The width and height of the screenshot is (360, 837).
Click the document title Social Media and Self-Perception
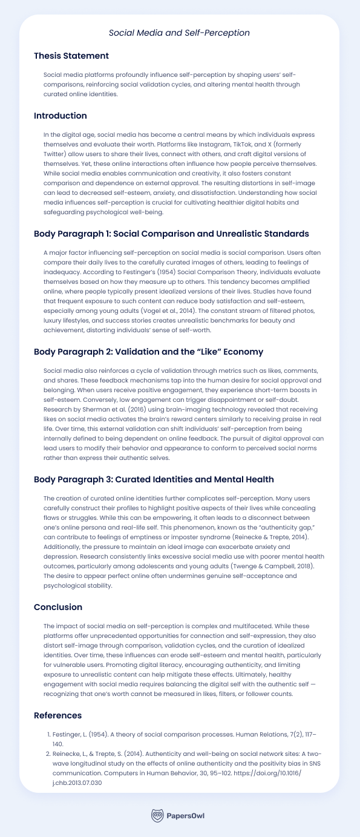(179, 33)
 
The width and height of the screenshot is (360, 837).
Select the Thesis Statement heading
(71, 56)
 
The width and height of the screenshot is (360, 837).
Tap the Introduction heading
(61, 116)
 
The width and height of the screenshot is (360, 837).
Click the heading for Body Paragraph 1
(171, 234)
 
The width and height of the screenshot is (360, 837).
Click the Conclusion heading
(58, 607)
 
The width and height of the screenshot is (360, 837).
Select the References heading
(58, 716)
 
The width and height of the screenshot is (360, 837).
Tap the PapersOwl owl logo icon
(157, 815)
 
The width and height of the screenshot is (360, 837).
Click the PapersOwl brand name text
(186, 816)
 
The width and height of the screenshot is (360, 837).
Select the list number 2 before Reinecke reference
(49, 754)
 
